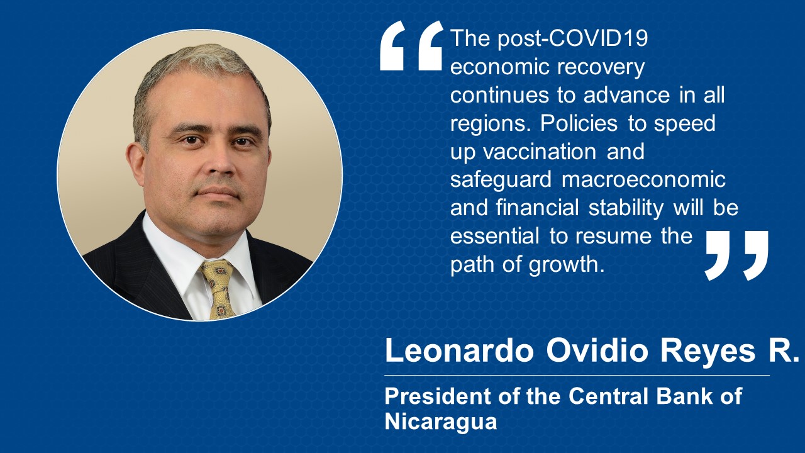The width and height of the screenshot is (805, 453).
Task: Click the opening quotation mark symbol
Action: tap(411, 45)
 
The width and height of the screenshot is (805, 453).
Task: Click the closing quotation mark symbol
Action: tap(736, 255)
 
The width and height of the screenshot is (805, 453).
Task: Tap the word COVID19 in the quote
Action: tap(599, 38)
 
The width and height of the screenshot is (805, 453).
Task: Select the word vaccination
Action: tap(540, 152)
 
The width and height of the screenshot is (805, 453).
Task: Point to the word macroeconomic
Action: tap(643, 180)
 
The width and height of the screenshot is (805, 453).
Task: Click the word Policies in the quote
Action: tap(579, 123)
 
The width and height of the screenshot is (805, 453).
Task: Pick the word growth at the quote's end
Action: tap(567, 266)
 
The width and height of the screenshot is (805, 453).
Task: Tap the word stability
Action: tap(626, 208)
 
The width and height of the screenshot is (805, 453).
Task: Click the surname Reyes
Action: tap(708, 351)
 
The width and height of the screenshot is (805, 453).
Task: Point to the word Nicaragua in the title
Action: tap(441, 421)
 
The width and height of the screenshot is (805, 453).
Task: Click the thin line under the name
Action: tap(577, 376)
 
